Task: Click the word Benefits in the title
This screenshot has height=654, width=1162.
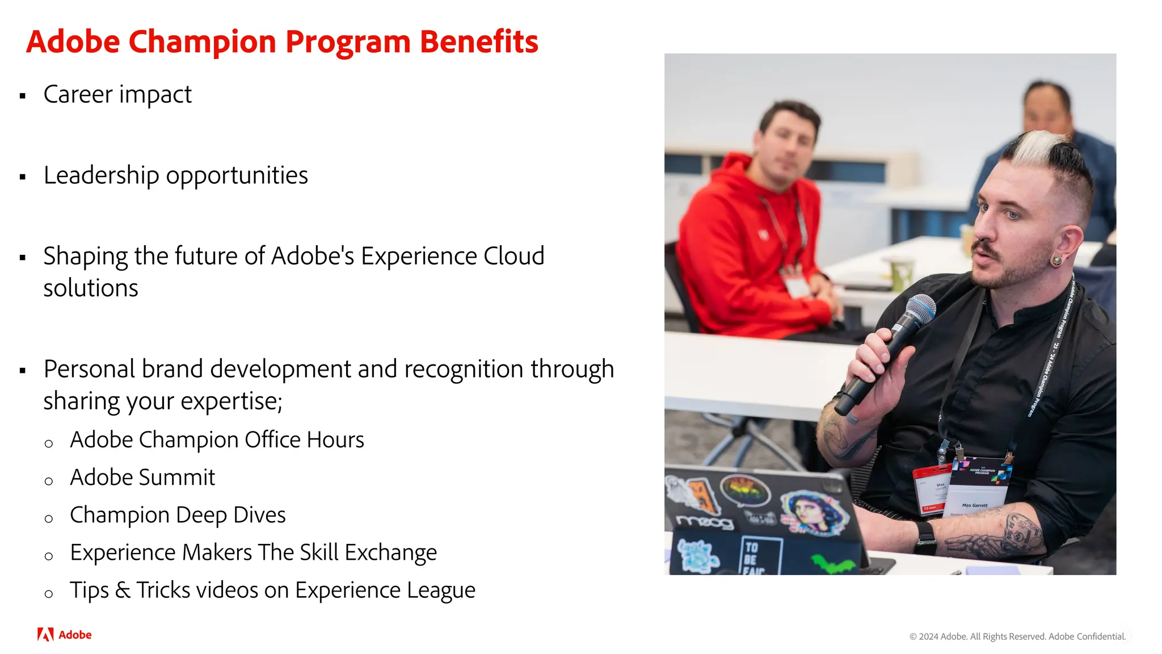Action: (x=478, y=43)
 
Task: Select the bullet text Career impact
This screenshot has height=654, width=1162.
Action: (x=117, y=95)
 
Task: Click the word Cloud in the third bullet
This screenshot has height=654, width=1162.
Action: (x=513, y=256)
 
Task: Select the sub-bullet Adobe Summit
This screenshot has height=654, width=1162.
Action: (x=142, y=477)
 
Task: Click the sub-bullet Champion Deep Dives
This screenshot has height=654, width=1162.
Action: (x=178, y=515)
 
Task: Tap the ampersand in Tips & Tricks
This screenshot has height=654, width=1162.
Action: (x=123, y=590)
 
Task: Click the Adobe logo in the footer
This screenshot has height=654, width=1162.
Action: (x=64, y=635)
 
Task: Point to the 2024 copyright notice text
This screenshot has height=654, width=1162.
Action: (x=1017, y=636)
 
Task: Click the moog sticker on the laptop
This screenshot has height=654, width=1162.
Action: (x=704, y=521)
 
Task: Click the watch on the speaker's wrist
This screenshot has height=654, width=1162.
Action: (x=925, y=537)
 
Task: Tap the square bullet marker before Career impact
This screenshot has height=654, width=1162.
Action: (x=23, y=96)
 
